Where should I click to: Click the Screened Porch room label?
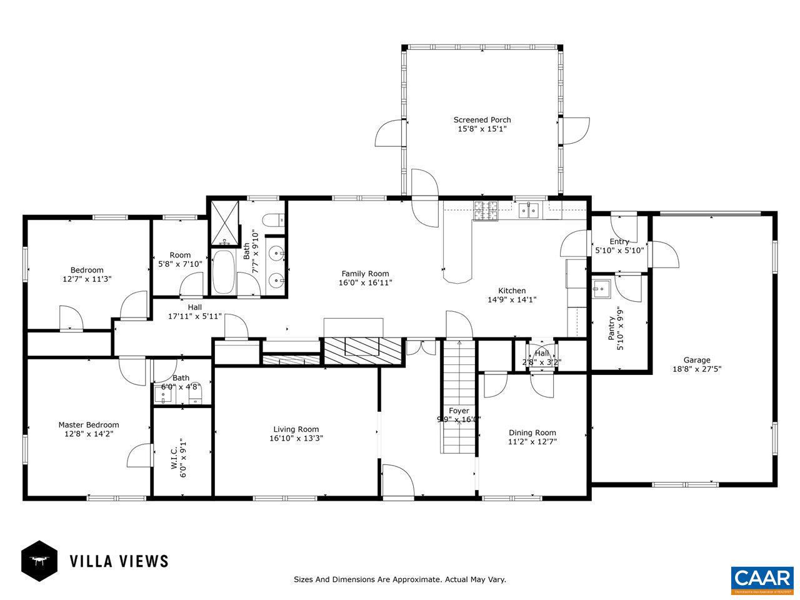point(482,119)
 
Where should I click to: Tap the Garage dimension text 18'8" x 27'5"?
point(696,369)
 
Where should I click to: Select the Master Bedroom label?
point(88,424)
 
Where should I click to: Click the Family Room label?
point(365,273)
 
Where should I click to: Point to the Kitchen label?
point(511,290)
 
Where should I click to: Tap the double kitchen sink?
point(528,211)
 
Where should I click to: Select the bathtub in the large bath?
point(222,272)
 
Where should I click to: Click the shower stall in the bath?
point(223,223)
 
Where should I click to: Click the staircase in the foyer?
point(459,397)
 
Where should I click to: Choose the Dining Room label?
point(532,432)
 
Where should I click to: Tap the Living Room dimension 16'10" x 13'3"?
point(296,438)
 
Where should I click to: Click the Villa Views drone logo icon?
point(39,561)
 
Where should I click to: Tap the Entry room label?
point(619,242)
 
